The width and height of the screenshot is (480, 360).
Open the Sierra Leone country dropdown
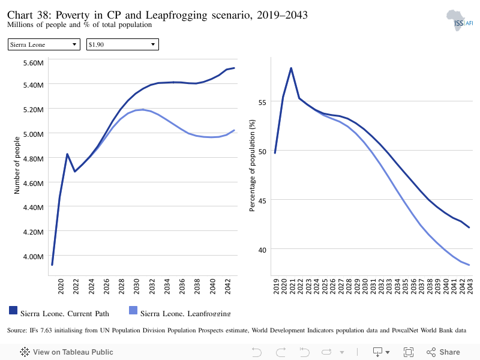(44, 44)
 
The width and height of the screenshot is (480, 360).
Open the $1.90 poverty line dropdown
(122, 44)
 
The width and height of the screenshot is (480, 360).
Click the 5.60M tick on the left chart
(34, 63)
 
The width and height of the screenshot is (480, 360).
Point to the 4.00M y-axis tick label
(34, 257)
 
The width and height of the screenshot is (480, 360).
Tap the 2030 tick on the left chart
(137, 286)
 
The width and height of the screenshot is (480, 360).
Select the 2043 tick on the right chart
(470, 286)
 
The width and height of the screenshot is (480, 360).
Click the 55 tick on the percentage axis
(262, 102)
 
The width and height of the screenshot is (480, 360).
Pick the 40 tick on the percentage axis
(262, 250)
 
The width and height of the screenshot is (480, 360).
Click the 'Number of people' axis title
(17, 166)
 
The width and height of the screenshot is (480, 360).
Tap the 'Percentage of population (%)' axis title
(252, 166)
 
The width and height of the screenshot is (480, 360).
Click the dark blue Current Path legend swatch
(13, 310)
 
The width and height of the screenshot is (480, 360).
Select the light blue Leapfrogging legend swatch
(133, 310)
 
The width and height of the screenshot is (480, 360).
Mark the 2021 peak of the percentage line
(291, 68)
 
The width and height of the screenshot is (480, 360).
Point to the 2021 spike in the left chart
(67, 154)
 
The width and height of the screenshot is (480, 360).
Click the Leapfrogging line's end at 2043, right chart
(469, 265)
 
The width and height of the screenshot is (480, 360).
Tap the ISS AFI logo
(460, 20)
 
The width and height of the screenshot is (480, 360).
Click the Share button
(443, 352)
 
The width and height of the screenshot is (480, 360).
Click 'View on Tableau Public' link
(67, 352)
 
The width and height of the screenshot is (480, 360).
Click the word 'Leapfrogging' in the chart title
(176, 15)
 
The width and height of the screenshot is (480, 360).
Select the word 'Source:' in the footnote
(17, 331)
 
